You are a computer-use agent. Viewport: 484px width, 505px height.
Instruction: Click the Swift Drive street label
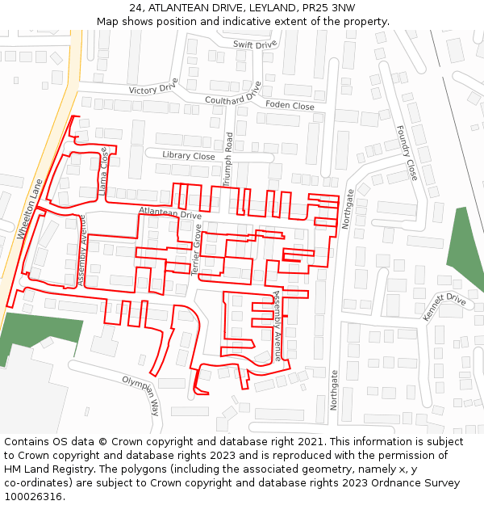pos(254,44)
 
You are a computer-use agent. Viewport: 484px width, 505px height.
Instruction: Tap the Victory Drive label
pos(152,89)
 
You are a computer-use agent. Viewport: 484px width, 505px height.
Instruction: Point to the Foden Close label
pos(290,106)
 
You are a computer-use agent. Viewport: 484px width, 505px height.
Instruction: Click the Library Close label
pos(188,156)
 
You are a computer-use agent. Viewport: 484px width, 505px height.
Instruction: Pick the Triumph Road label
pos(228,159)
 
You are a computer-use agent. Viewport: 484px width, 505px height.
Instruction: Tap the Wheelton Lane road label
pos(28,208)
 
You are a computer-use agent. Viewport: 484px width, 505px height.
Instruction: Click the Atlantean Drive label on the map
pos(169,213)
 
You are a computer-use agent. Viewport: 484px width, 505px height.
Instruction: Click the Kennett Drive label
pos(444,307)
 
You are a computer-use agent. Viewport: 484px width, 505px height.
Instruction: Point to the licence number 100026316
pos(35,496)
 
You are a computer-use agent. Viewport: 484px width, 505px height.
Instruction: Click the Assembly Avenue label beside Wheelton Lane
pos(81,249)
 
